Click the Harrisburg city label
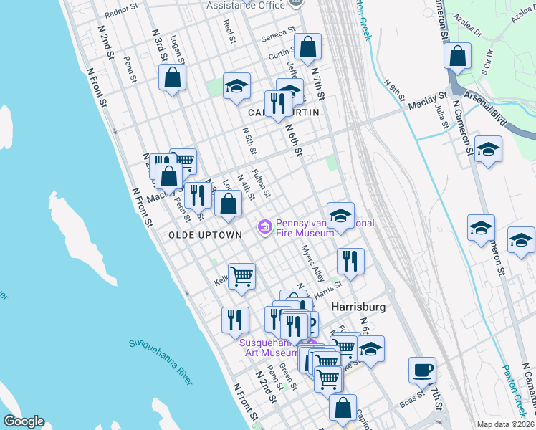pyautogui.click(x=359, y=306)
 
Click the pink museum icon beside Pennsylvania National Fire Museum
pyautogui.click(x=264, y=228)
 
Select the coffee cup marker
pyautogui.click(x=422, y=370)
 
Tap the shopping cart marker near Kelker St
pyautogui.click(x=242, y=276)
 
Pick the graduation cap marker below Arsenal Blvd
pyautogui.click(x=488, y=149)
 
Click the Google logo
pyautogui.click(x=24, y=421)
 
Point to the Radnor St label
pyautogui.click(x=120, y=12)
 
